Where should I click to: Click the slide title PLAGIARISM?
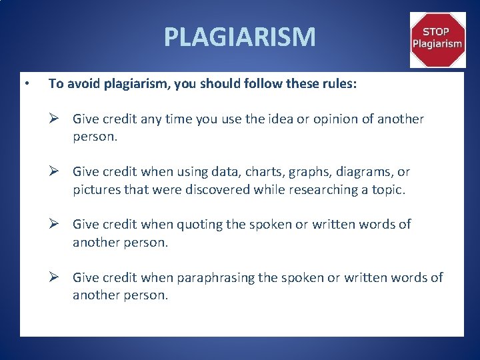point(239,37)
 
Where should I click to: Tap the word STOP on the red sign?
point(437,31)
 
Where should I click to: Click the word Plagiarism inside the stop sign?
point(437,44)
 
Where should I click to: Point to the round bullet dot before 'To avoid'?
point(25,84)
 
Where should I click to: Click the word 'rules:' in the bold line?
point(339,84)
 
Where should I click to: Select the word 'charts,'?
point(257,172)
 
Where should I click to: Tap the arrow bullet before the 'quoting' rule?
point(57,224)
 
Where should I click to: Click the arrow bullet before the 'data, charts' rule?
point(57,172)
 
